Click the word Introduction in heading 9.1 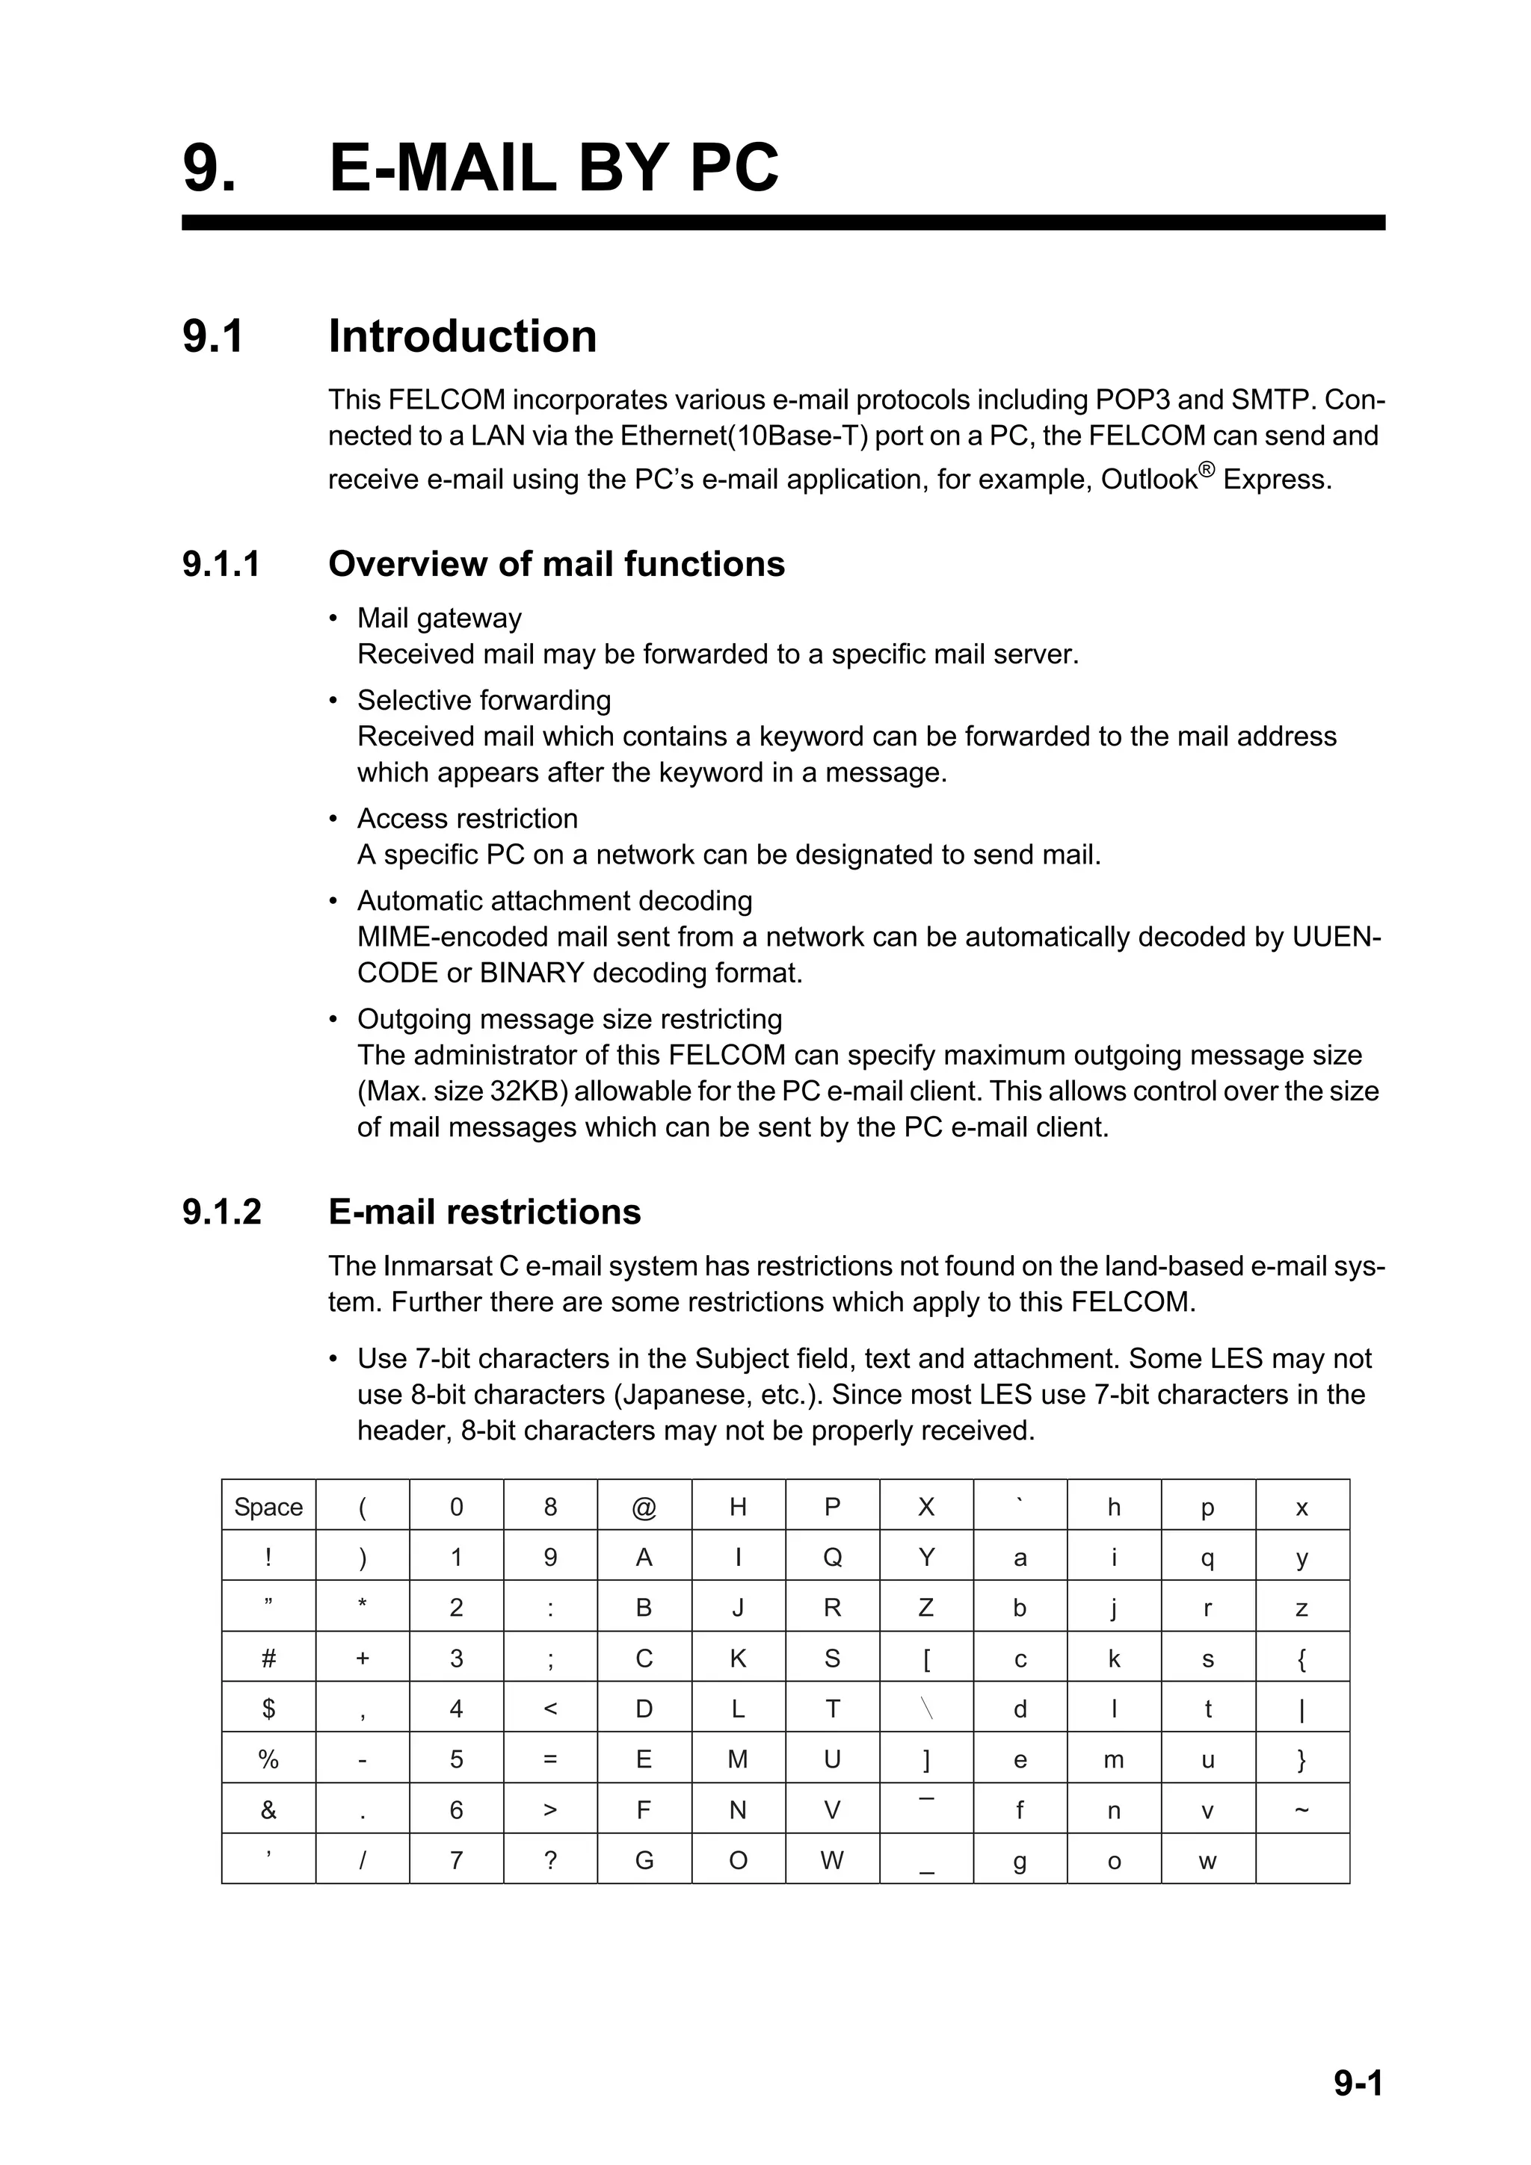462,337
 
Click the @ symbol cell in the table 644,1507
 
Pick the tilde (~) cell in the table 1301,1809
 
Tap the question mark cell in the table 550,1859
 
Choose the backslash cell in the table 926,1709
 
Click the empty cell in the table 1301,1859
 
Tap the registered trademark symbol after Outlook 1207,470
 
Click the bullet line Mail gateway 439,619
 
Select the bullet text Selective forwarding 484,701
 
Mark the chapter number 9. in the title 209,169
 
